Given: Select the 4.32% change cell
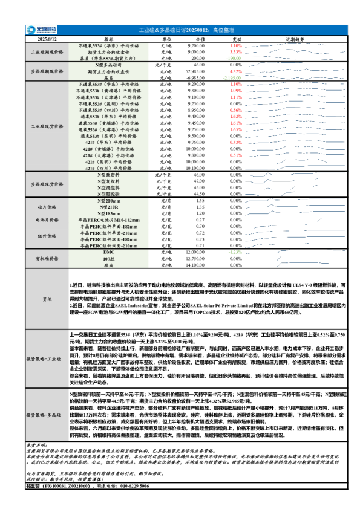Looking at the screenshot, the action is point(235,71).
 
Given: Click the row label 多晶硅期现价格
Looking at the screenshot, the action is point(48,71).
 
